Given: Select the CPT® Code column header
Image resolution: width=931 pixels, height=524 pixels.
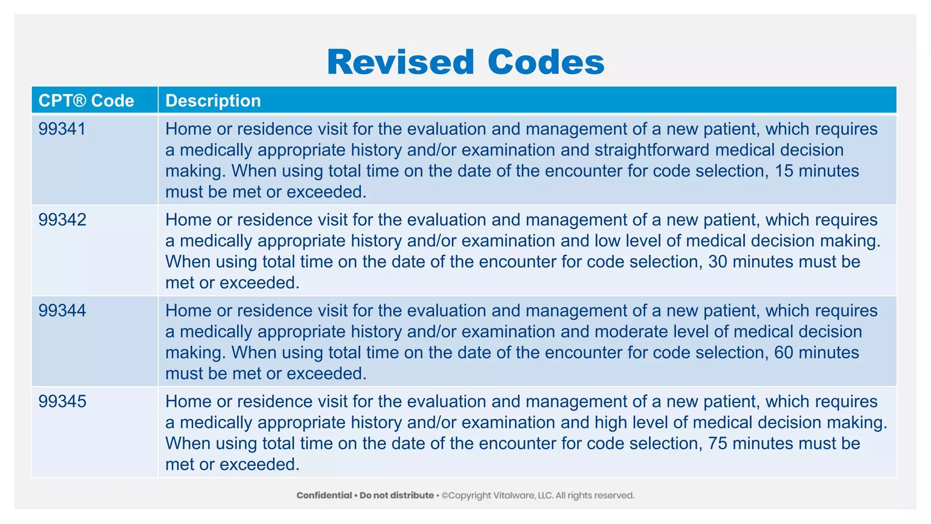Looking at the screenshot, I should coord(86,101).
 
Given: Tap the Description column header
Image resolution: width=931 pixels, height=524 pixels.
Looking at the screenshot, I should coord(213,101).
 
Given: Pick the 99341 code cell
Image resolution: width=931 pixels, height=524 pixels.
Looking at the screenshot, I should coord(62,129).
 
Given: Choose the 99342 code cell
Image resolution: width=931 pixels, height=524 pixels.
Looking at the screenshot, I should coord(62,220).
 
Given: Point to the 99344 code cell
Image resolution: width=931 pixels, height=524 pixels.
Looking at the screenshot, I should coord(62,311).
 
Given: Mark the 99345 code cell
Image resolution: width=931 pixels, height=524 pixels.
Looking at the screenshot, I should coord(62,402).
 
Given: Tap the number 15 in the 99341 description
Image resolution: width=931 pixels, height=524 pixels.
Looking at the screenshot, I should coord(784,171).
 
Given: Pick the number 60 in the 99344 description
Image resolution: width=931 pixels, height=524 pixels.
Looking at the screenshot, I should coord(784,353).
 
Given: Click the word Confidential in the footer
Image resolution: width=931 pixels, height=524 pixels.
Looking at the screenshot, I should coord(324,495).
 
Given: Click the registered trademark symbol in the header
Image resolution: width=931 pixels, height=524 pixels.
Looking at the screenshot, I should coord(79,100).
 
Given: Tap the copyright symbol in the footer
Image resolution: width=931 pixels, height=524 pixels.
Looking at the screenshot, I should coord(445,495).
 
